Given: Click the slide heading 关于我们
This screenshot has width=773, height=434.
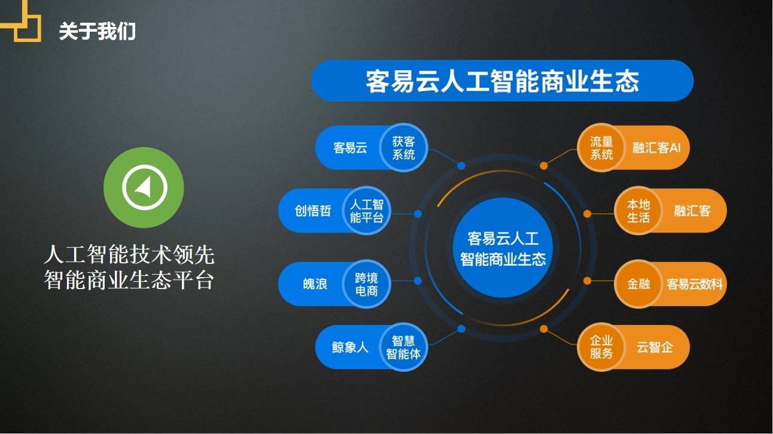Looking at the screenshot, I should click(97, 31).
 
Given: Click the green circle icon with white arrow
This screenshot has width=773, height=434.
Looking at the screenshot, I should click(144, 187).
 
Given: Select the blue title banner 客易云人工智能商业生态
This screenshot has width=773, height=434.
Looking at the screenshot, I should click(502, 81).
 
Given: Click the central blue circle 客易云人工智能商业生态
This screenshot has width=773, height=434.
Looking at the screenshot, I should click(503, 248).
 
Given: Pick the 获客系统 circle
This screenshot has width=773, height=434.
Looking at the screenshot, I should click(403, 148).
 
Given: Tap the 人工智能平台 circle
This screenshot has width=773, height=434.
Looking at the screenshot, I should click(366, 211).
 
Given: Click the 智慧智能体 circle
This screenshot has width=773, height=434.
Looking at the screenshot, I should click(403, 347).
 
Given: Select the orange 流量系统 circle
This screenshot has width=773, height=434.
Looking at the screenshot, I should click(601, 148).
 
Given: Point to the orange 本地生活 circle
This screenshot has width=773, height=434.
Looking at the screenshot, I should click(638, 211).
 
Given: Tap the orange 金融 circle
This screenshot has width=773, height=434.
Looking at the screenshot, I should click(638, 284).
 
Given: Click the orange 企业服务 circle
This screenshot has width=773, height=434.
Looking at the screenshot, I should click(601, 347).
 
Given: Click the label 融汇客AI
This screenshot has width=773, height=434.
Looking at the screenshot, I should click(656, 148).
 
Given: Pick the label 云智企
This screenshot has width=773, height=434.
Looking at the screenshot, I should click(654, 347).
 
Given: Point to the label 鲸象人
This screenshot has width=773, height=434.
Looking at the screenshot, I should click(350, 347).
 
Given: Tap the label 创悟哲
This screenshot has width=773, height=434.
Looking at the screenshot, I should click(312, 211).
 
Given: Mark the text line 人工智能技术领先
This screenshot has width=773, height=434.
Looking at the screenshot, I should click(129, 256).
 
